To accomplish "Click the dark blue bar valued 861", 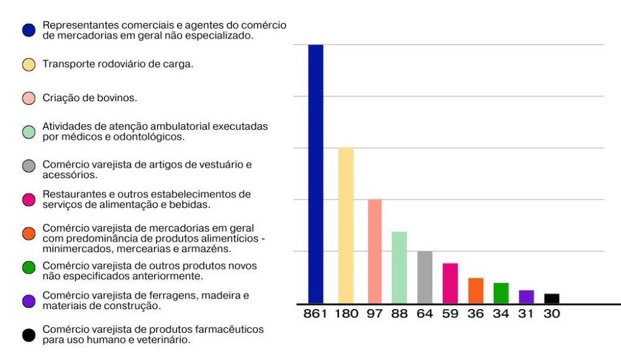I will (x=315, y=174).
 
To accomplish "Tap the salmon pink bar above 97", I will (x=374, y=251).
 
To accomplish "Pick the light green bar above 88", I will (x=399, y=268).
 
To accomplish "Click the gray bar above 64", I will (x=425, y=277).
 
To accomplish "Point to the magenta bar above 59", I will (x=450, y=283).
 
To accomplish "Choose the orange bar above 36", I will (x=476, y=290).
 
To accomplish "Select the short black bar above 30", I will (x=551, y=299).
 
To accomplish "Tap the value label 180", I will (x=347, y=313).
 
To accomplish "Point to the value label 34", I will (x=501, y=313).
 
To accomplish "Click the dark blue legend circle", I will (x=29, y=30).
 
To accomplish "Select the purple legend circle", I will (x=29, y=302).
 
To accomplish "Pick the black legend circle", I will (x=29, y=336).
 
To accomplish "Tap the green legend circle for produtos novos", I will (x=29, y=268).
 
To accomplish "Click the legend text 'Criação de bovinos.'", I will (x=90, y=98).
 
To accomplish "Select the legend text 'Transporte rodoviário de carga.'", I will (x=118, y=64).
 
